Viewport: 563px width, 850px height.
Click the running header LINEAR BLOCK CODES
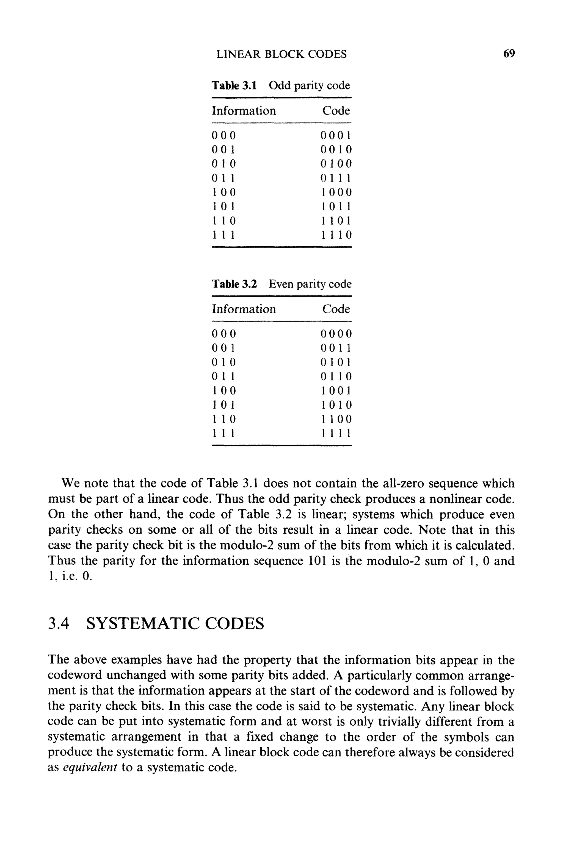[281, 54]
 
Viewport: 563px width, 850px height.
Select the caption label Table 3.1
[234, 86]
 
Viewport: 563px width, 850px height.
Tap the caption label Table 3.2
[234, 284]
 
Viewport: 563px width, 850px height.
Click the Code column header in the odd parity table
[336, 110]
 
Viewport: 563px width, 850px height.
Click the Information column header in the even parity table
[244, 309]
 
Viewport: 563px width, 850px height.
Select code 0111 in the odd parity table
[336, 178]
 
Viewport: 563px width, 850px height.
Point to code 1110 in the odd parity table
[336, 235]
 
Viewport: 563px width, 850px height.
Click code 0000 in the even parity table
[336, 334]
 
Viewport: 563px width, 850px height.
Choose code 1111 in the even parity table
[336, 433]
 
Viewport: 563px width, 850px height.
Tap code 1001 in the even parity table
[336, 391]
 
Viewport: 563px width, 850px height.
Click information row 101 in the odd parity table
[223, 207]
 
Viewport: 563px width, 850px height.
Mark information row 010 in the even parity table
[223, 362]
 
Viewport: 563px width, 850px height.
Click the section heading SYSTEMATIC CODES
[175, 624]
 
